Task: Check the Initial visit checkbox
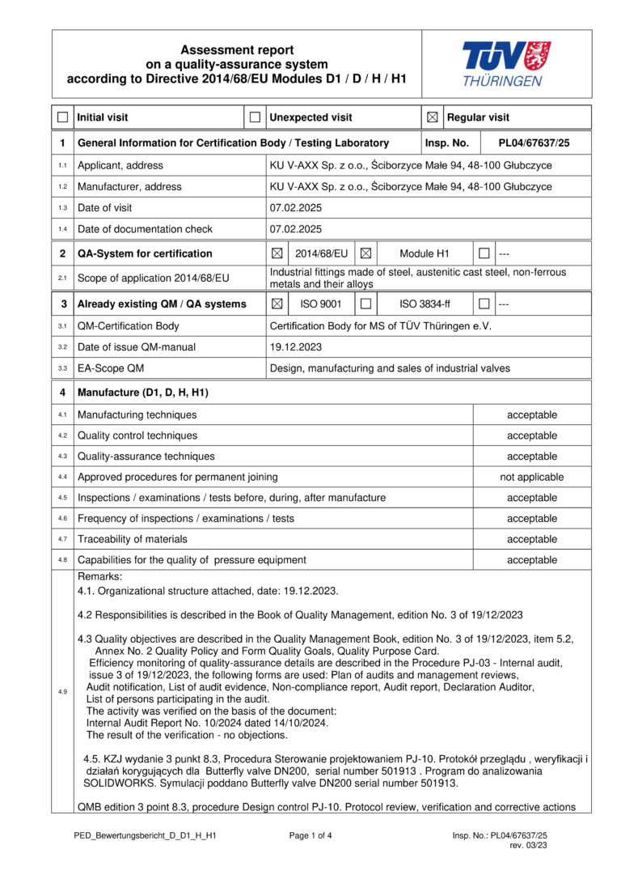(x=62, y=117)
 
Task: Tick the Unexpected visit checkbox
(x=255, y=117)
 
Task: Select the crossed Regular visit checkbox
(x=433, y=117)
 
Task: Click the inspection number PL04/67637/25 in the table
(x=534, y=143)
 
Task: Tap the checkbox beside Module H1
(x=365, y=253)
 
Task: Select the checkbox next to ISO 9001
(x=277, y=304)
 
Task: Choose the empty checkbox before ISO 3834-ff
(x=365, y=304)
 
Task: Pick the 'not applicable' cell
(x=531, y=478)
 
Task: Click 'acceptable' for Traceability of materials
(x=531, y=539)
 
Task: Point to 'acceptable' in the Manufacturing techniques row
(x=531, y=415)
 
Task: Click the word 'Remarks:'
(x=99, y=576)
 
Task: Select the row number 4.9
(x=62, y=691)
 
